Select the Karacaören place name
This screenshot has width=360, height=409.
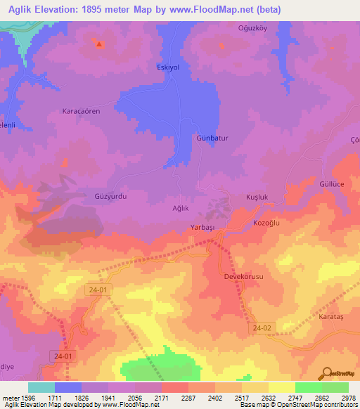point(82,111)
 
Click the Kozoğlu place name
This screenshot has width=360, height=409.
point(266,223)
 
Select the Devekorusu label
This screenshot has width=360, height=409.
point(243,278)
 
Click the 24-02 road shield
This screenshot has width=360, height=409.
point(262,328)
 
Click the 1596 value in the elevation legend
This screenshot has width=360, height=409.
point(22,398)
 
